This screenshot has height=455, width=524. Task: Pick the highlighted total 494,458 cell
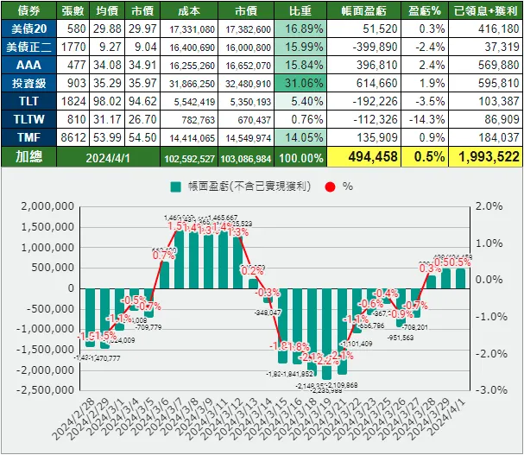[x=371, y=156]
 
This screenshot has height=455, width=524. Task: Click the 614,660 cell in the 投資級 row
[x=371, y=82]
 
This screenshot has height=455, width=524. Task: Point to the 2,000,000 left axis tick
[x=42, y=207]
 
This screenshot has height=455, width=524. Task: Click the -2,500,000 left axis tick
[x=41, y=389]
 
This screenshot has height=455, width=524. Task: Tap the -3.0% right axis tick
[x=489, y=389]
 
